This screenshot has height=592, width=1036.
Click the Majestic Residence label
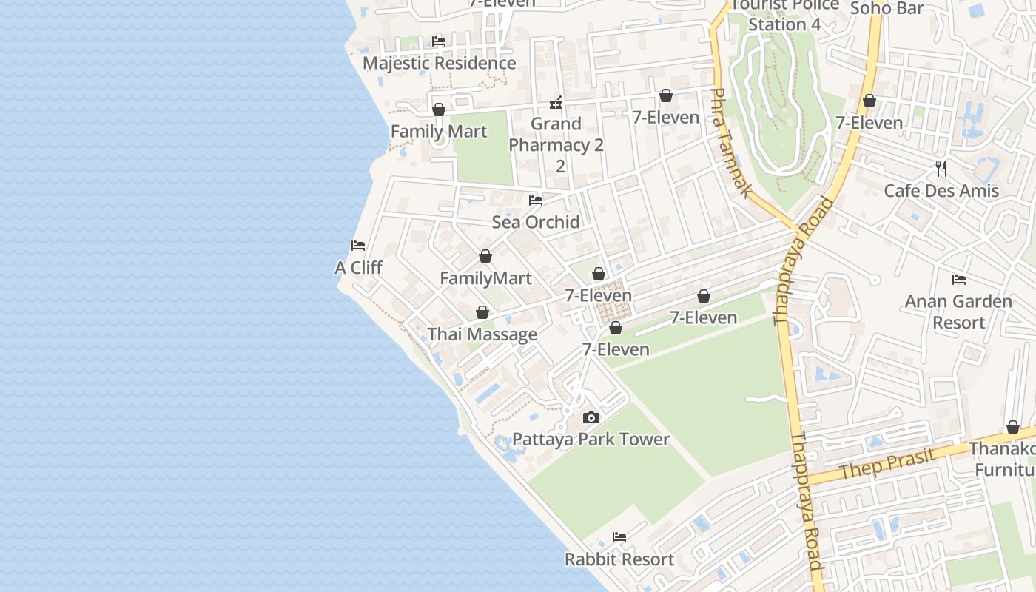point(439,63)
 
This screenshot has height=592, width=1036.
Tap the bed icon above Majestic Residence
point(439,41)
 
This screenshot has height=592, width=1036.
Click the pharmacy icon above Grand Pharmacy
point(556,103)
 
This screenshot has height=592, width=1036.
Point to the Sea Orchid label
point(536,222)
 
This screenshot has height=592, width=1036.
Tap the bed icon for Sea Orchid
point(536,201)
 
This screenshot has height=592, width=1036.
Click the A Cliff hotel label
point(358,267)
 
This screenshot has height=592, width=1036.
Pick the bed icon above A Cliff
point(358,246)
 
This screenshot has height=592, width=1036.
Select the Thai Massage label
point(482,334)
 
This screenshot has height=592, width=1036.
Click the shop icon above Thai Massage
point(482,313)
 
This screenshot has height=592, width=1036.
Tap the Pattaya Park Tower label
point(591,439)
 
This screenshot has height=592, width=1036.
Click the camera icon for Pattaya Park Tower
point(591,418)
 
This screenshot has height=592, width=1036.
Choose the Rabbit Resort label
point(619,559)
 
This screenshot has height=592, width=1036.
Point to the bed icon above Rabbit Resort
point(619,537)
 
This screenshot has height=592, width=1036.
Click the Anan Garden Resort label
point(958,312)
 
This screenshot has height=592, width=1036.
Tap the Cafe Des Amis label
point(941,190)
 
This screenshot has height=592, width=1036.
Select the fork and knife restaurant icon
point(941,169)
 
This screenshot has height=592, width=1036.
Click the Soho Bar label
point(887,8)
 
